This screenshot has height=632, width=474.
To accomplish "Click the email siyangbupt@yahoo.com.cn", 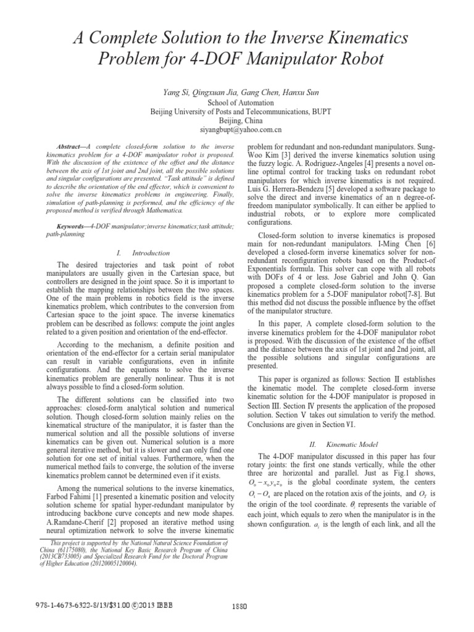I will (236, 131).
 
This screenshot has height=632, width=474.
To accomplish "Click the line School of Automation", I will (236, 102).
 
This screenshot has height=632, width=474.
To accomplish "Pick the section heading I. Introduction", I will (142, 253).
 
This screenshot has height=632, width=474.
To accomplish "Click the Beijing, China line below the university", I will (236, 121).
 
